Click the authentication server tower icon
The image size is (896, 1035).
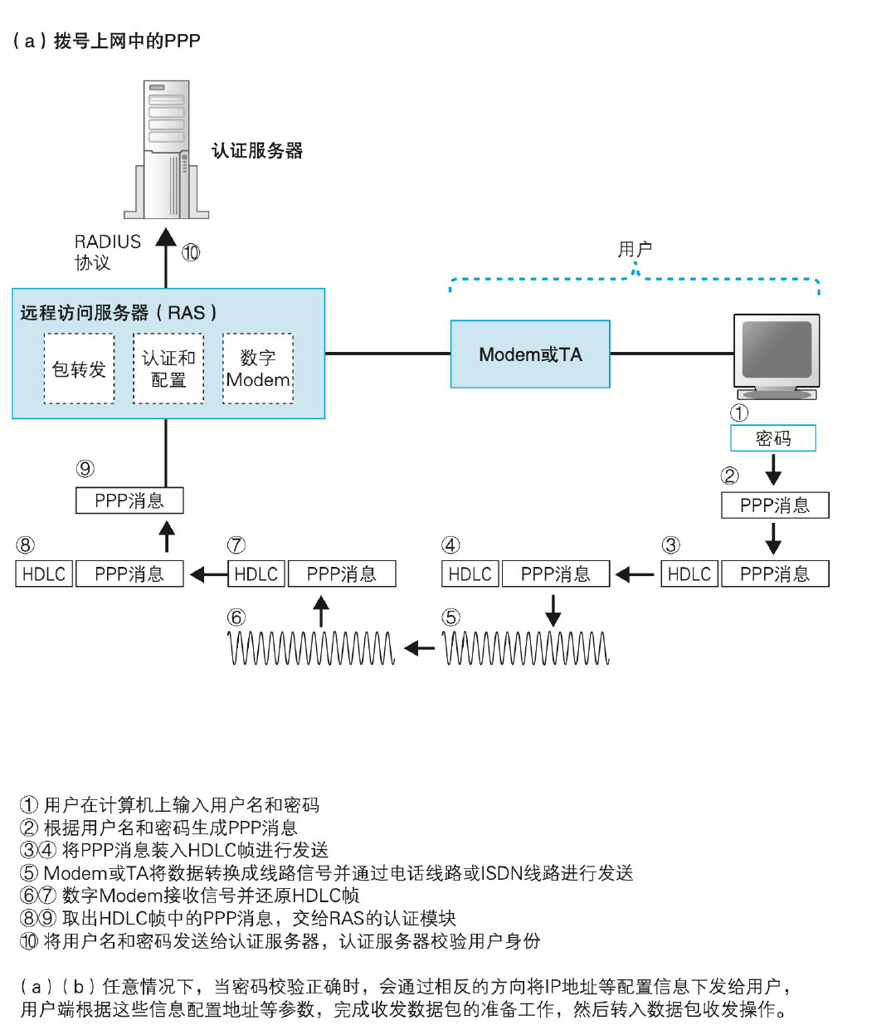click(167, 149)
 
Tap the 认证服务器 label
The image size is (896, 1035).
click(257, 150)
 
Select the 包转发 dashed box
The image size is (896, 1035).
click(79, 369)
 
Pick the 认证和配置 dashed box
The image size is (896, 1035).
click(168, 369)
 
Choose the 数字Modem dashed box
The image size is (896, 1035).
click(258, 369)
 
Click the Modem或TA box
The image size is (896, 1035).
click(530, 354)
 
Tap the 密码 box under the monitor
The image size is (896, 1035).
click(773, 438)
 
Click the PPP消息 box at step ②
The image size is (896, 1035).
click(775, 505)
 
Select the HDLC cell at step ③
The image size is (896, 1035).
click(689, 574)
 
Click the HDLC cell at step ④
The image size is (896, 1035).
click(470, 574)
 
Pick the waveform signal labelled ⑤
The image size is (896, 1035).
click(526, 648)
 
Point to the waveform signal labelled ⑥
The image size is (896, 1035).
click(312, 648)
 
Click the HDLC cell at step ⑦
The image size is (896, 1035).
click(256, 574)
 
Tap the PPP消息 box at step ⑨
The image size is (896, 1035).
click(129, 500)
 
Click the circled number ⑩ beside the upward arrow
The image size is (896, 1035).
click(191, 252)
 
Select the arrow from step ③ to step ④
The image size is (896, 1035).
click(635, 574)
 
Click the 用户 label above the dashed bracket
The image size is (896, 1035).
click(635, 249)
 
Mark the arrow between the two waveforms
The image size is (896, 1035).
click(419, 648)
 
